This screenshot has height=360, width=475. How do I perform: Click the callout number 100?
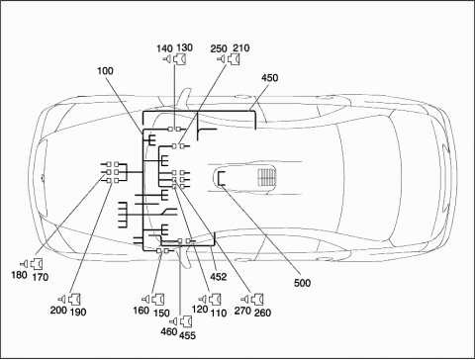105,71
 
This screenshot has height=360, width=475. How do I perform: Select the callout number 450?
269,78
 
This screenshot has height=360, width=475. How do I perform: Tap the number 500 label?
302,283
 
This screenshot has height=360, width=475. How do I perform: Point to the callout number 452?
219,277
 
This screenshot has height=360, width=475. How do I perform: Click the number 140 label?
164,48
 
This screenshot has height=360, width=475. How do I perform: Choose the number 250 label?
219,48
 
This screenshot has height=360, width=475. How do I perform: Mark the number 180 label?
19,275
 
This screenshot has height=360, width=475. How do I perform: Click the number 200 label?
58,310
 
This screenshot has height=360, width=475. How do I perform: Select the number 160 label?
142,311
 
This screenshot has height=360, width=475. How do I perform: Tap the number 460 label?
169,331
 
